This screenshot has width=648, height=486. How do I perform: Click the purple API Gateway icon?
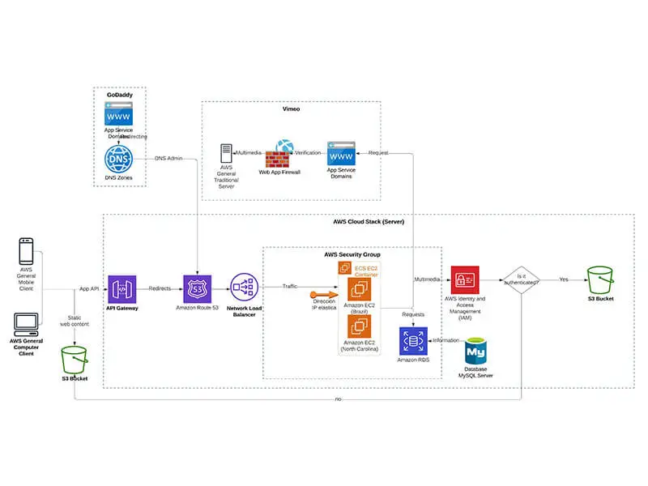click(122, 289)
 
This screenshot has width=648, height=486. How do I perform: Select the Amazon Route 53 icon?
click(197, 289)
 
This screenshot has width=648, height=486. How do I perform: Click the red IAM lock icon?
click(465, 279)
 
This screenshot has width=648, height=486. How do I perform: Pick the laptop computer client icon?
click(25, 323)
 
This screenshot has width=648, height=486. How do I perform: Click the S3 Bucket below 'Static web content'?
click(75, 360)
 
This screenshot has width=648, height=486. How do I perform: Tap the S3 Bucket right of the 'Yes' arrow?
click(600, 280)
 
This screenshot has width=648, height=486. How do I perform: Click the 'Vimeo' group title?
click(292, 108)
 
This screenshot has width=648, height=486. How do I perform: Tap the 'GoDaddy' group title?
click(120, 95)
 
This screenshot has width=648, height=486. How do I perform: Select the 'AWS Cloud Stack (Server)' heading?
click(369, 221)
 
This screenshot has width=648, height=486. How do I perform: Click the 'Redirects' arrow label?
click(160, 288)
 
